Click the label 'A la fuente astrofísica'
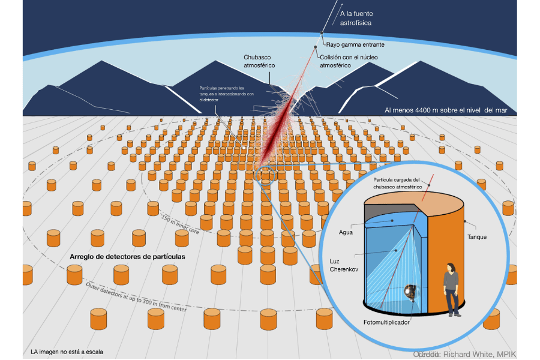click(356, 17)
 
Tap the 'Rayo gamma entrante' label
click(355, 44)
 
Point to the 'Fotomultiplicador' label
click(386, 322)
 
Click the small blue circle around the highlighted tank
click(265, 175)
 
